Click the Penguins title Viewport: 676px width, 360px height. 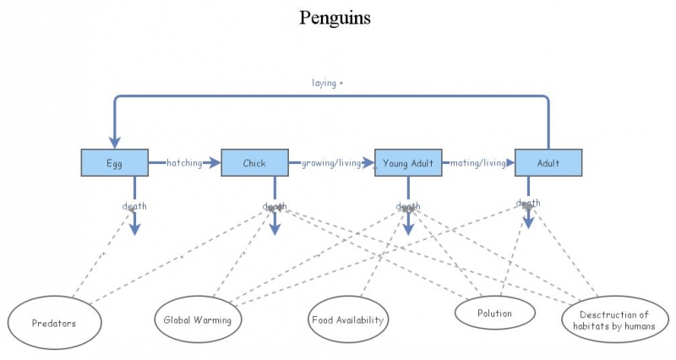tap(335, 18)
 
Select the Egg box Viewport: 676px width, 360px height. tap(115, 163)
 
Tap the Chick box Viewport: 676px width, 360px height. tap(254, 163)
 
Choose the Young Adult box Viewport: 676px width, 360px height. tap(409, 163)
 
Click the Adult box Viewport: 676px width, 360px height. tap(548, 163)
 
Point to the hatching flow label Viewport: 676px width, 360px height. tap(184, 163)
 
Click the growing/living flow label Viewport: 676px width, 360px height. tap(330, 163)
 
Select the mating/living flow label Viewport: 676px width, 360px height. tap(477, 163)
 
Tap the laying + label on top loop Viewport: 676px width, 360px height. tap(327, 83)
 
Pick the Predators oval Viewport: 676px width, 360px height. tap(54, 323)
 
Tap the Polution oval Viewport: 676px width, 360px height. tap(495, 314)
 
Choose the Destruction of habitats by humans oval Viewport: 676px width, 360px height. tap(608, 320)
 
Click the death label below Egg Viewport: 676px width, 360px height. tap(134, 205)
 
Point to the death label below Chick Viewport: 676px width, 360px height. tap(274, 206)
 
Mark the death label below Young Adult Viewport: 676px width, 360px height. tap(408, 206)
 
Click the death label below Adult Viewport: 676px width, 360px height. tap(528, 203)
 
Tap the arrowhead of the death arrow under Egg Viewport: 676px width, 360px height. tap(134, 229)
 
